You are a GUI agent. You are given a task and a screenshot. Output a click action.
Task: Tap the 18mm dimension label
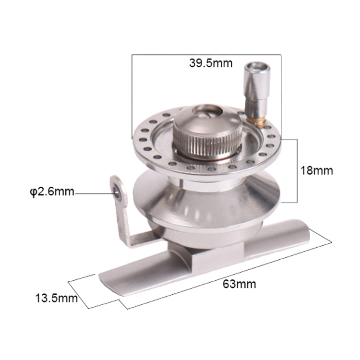coord(317,170)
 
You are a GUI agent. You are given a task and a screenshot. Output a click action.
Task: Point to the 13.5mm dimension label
coord(56,298)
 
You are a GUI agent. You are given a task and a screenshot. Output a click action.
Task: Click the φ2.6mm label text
coord(51,192)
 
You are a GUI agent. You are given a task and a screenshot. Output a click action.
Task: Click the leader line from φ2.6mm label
coord(94,193)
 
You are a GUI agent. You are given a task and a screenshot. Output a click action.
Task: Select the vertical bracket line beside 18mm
coord(298,170)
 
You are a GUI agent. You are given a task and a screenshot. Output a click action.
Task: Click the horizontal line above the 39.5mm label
coord(206,54)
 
